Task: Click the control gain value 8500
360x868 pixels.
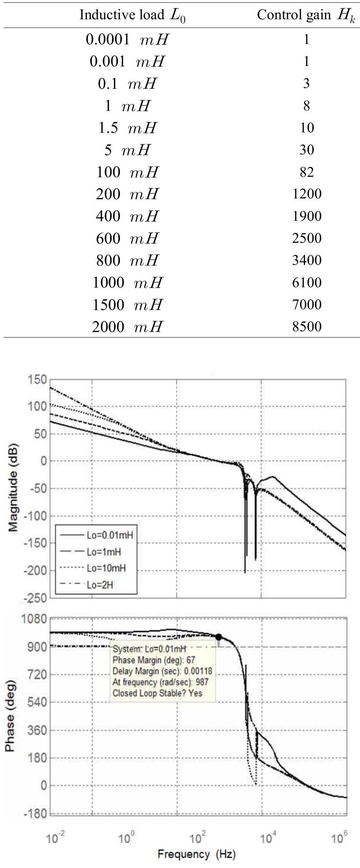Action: click(307, 327)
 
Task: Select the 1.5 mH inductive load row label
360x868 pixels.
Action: click(127, 128)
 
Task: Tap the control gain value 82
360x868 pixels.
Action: click(307, 172)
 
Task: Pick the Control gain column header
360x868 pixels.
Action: click(306, 15)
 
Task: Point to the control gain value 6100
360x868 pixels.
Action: click(307, 283)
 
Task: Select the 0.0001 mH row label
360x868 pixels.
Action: click(127, 39)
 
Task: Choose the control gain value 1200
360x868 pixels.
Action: click(307, 194)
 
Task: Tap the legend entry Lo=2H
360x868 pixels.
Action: click(100, 585)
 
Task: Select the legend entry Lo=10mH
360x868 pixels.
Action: click(106, 568)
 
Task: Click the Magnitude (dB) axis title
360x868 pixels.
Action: click(13, 489)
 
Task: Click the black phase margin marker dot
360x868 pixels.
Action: click(219, 637)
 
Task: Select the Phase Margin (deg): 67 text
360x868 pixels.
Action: click(154, 660)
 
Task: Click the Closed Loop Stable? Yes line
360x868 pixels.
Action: click(157, 693)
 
